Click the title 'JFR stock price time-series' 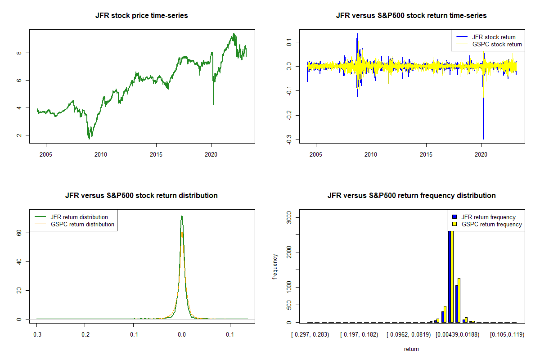(x=142, y=16)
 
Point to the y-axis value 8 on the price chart (x=16, y=53)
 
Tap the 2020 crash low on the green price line (x=213, y=104)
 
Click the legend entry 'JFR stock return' (x=494, y=37)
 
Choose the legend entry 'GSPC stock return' (x=497, y=44)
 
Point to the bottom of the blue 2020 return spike (x=483, y=139)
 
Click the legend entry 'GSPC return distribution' (x=82, y=224)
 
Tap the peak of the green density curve (x=181, y=216)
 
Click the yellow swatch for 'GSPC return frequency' (x=454, y=224)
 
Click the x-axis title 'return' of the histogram (x=411, y=349)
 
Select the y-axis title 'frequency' (x=275, y=266)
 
